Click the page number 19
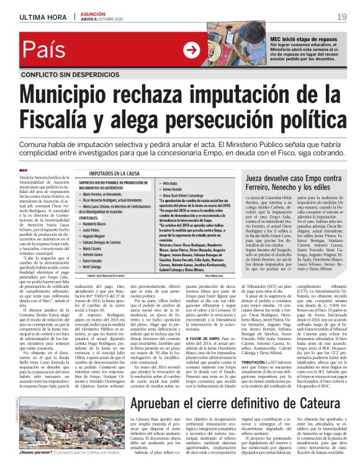coord(342,16)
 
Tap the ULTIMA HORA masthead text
coord(43,17)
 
